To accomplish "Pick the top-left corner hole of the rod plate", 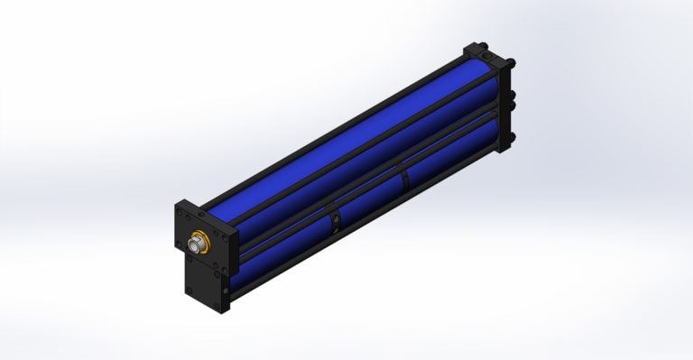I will coord(181,213).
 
